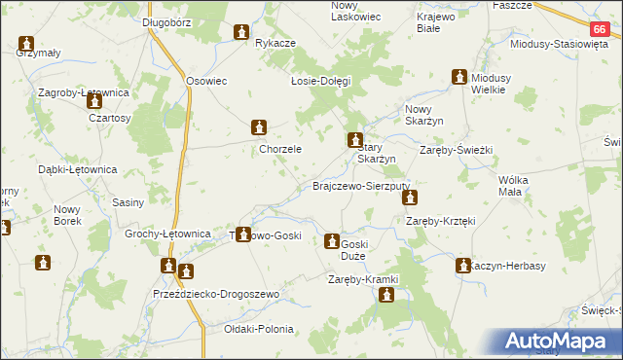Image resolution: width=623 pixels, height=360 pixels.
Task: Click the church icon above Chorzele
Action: [259, 127]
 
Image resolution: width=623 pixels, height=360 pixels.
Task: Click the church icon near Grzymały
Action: [26, 45]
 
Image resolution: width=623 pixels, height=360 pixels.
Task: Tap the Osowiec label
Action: [206, 81]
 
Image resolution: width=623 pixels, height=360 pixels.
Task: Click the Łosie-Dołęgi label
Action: [320, 81]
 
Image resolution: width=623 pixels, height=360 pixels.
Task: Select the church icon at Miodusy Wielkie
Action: [459, 77]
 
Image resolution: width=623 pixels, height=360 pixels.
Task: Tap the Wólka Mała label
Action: [524, 186]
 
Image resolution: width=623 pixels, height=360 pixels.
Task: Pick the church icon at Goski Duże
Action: [332, 241]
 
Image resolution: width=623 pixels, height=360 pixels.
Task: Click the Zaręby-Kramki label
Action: [365, 280]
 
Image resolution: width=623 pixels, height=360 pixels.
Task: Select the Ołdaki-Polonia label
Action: [258, 329]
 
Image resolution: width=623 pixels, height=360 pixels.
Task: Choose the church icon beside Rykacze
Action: [240, 34]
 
